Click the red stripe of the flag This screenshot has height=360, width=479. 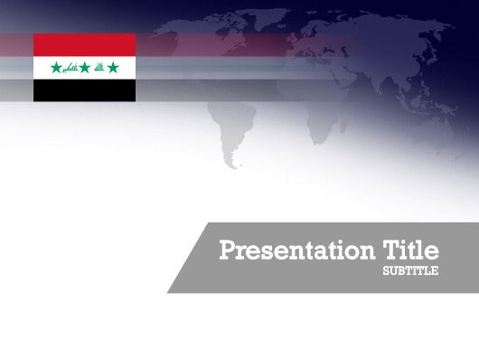84,44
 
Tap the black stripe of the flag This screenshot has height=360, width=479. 84,90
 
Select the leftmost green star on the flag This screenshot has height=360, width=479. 56,68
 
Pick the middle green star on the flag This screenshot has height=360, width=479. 85,68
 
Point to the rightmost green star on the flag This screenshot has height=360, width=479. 113,68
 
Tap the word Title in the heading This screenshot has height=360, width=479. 411,250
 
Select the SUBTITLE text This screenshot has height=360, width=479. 410,270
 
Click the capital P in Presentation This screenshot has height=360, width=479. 227,251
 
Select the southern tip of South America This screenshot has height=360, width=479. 234,166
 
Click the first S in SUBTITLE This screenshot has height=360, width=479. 386,270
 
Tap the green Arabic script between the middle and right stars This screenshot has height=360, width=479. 99,68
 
